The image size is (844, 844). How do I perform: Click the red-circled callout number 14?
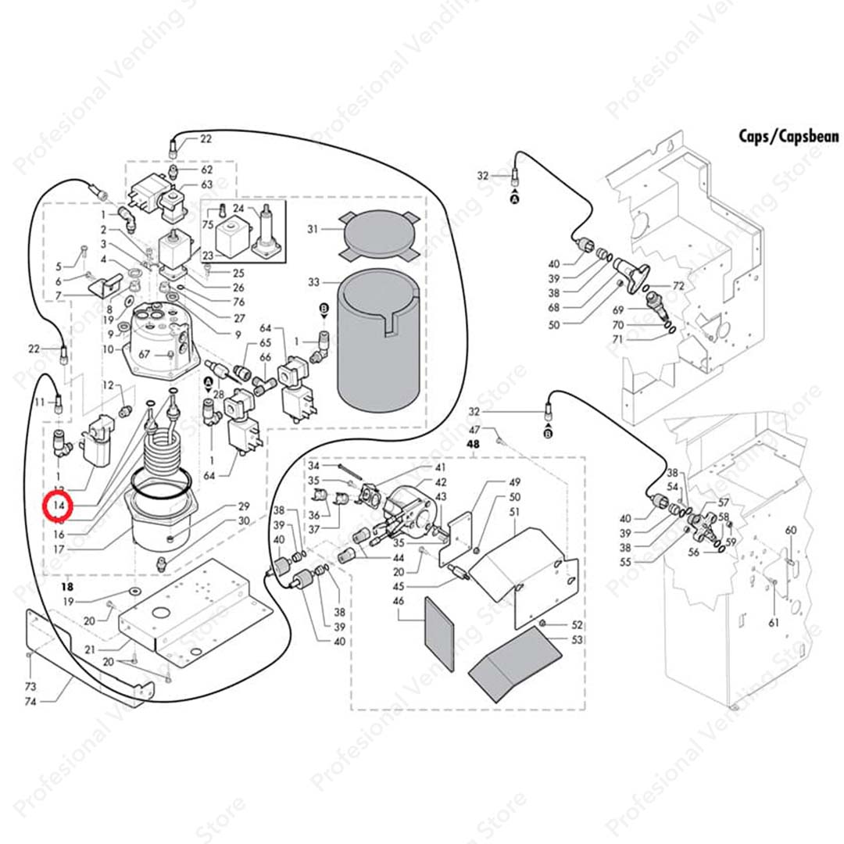[59, 506]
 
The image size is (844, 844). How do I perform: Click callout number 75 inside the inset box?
[208, 224]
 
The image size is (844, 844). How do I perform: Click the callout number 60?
[791, 531]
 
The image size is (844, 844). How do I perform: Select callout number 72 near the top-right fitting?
[678, 287]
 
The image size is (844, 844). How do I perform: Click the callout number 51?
[514, 512]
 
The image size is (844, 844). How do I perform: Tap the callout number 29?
[243, 506]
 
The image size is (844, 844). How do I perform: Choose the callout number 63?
[207, 184]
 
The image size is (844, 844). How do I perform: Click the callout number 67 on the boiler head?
[145, 354]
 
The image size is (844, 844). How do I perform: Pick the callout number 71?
[618, 339]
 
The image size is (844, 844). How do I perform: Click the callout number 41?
[441, 467]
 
